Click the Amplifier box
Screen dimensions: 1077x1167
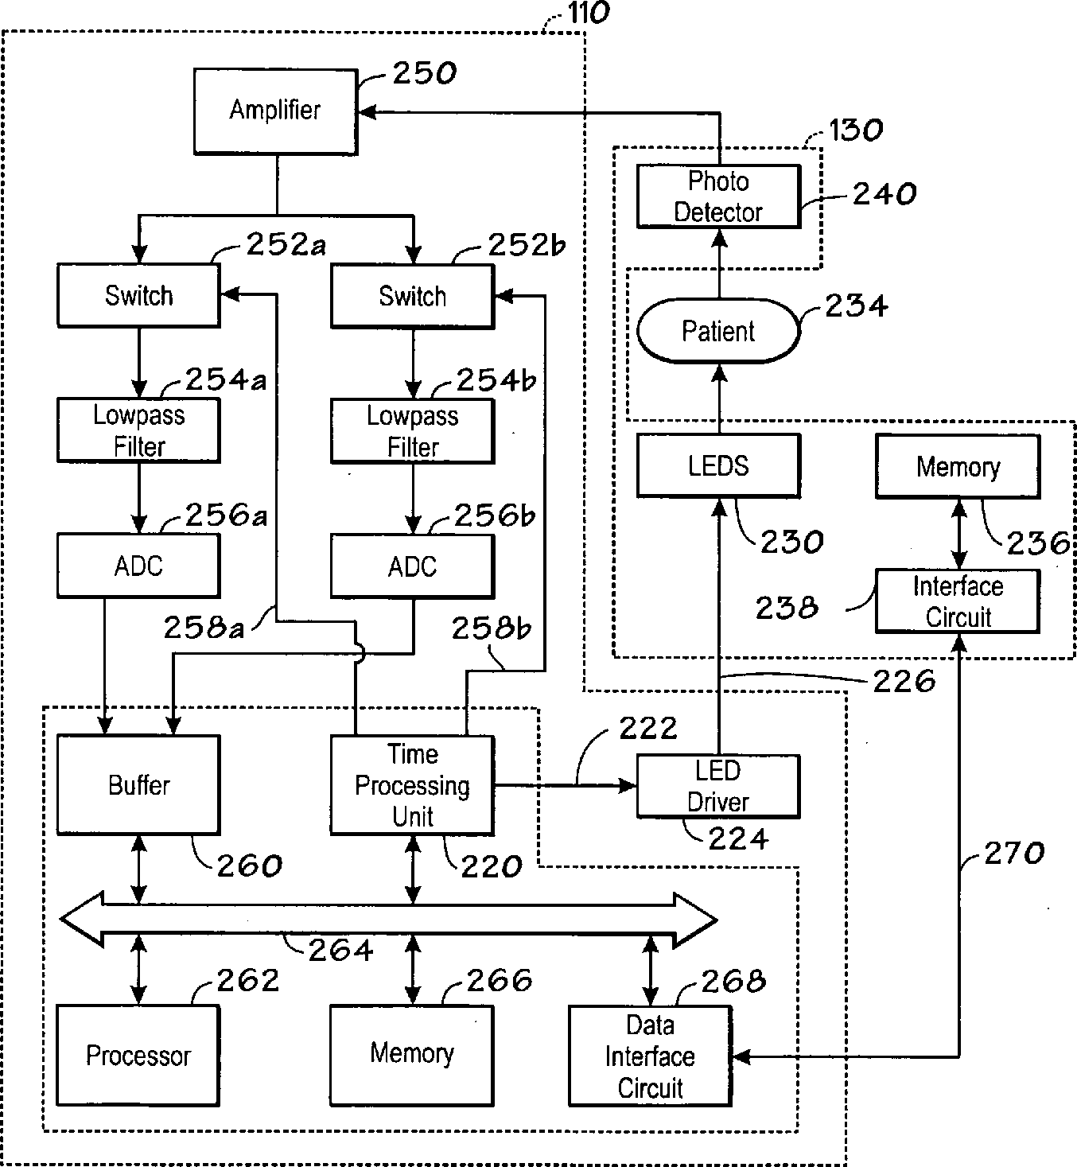tap(275, 111)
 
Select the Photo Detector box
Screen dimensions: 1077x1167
tap(718, 196)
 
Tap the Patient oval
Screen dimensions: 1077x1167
tap(718, 331)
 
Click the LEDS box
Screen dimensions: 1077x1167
tap(718, 466)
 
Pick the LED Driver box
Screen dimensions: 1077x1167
tap(718, 786)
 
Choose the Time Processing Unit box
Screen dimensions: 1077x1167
tap(413, 785)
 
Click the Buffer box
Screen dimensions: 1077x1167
tap(138, 784)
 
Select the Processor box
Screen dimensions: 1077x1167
tap(138, 1056)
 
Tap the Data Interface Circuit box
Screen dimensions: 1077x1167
tap(651, 1056)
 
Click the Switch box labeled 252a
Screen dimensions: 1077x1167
tap(138, 295)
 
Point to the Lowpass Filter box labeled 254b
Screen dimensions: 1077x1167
tap(413, 431)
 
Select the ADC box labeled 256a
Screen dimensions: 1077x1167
tap(138, 566)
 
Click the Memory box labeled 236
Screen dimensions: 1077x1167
tap(958, 467)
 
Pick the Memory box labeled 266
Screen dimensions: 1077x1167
tap(412, 1056)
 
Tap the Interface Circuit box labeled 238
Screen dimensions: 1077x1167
tap(958, 601)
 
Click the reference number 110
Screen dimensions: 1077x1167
tap(589, 13)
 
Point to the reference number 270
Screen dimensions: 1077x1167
tap(1014, 853)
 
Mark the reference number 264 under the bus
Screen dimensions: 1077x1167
tap(340, 950)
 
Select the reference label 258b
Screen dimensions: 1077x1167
tap(492, 628)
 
